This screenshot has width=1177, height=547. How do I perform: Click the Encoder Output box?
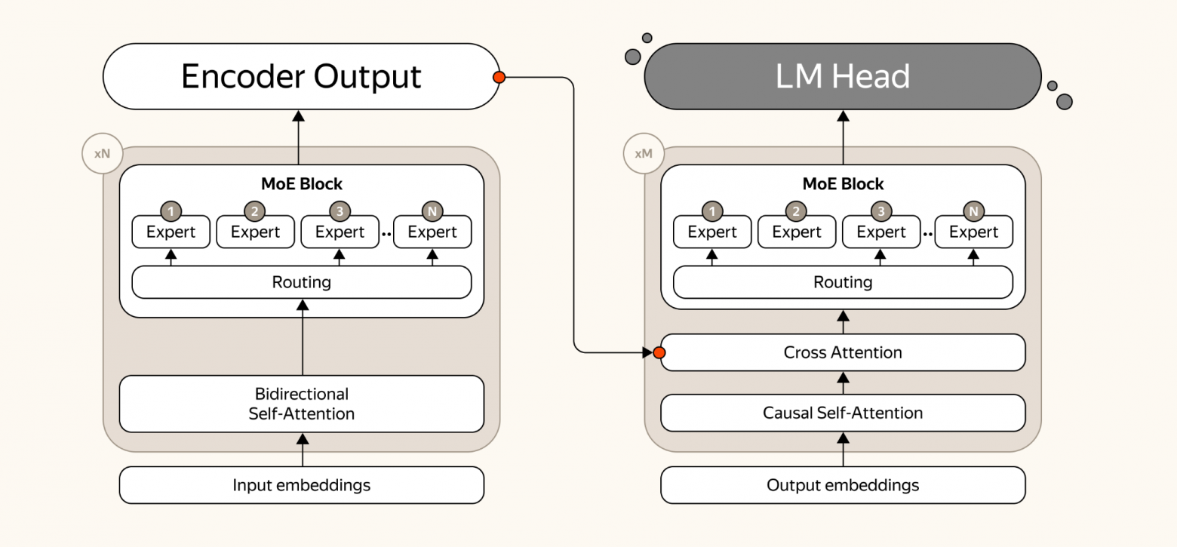click(301, 77)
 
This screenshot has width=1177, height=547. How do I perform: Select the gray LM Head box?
click(843, 77)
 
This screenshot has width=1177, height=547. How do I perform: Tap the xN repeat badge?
click(103, 153)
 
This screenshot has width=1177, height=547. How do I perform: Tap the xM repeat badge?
click(644, 153)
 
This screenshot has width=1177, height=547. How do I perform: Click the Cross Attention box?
click(843, 352)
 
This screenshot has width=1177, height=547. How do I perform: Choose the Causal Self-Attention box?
click(843, 413)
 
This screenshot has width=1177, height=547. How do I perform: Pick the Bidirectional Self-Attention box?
click(302, 404)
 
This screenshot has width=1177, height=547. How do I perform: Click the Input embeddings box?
click(302, 485)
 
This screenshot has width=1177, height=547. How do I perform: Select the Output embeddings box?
click(843, 485)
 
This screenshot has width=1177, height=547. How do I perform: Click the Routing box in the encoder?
click(302, 282)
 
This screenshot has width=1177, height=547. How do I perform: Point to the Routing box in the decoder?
click(843, 282)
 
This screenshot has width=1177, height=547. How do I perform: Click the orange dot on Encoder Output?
click(499, 77)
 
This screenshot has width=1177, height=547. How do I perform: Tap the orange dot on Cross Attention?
click(659, 352)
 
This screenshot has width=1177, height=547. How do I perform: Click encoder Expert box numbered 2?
click(255, 232)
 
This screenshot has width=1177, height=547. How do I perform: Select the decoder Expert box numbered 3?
click(881, 232)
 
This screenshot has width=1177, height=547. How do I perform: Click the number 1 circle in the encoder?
click(171, 211)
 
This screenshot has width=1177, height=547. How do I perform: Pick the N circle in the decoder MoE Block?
click(973, 211)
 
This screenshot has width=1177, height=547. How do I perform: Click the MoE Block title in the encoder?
click(302, 184)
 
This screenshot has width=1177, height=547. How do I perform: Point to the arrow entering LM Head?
click(843, 137)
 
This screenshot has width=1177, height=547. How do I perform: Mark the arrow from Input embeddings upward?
click(303, 450)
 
